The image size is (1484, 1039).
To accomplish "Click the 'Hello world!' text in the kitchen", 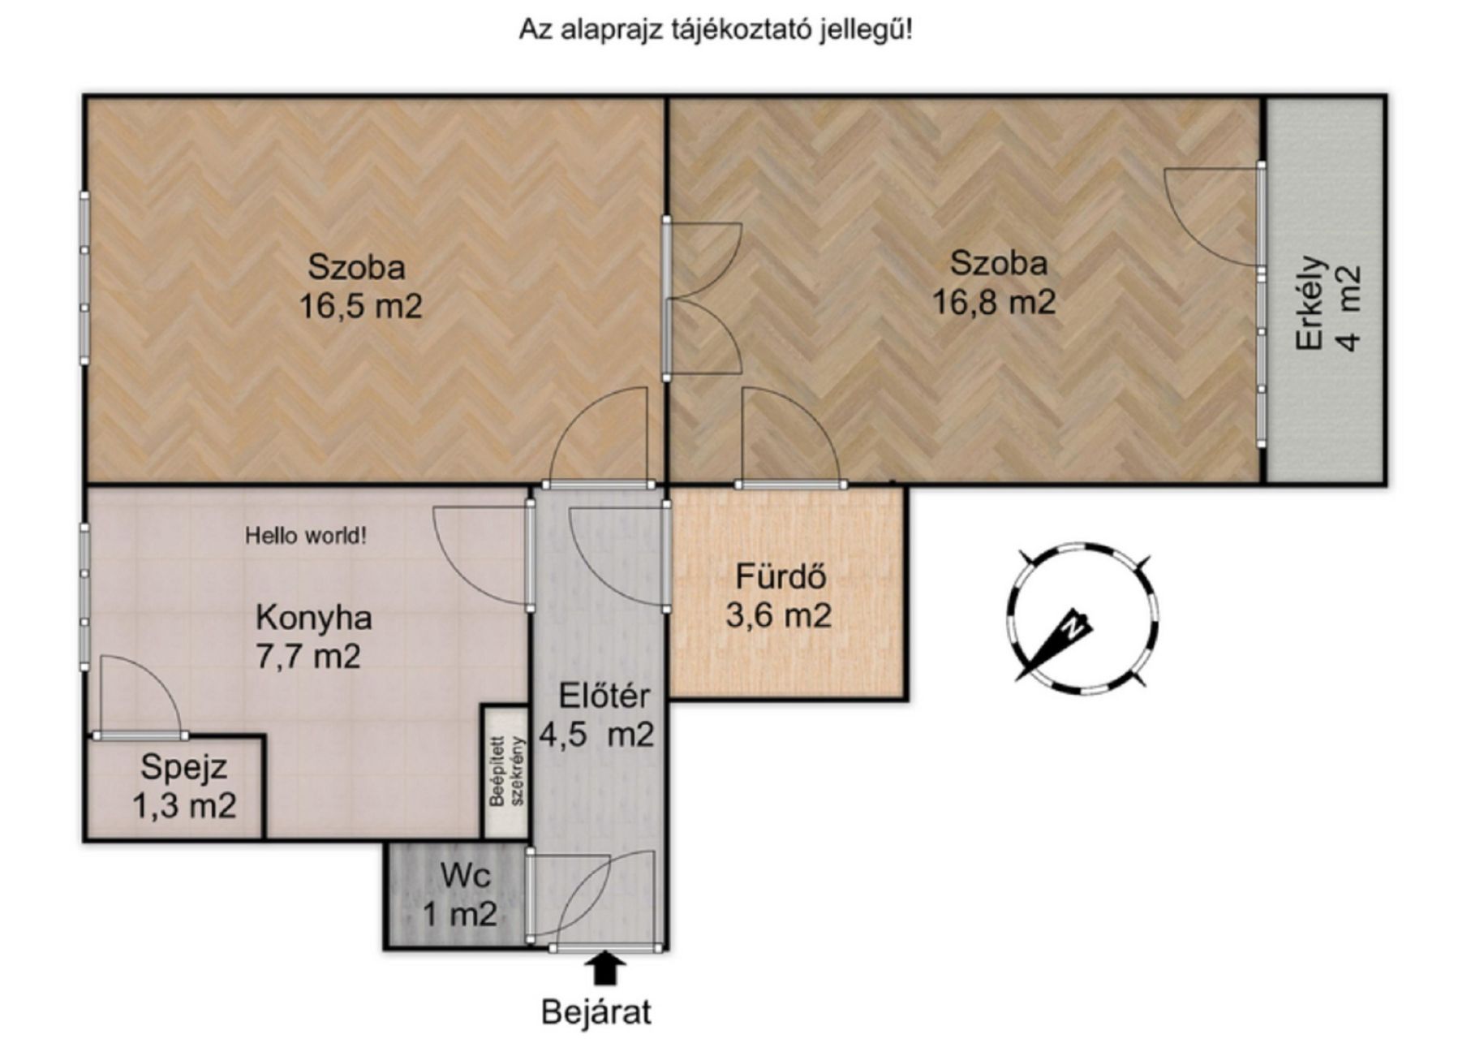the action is (x=306, y=536).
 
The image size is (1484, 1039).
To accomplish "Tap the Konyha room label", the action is (x=314, y=618).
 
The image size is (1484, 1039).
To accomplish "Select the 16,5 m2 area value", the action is (x=361, y=307).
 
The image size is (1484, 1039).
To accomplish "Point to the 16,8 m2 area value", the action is (x=994, y=303).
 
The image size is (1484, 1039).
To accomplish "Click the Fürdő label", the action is (x=781, y=576).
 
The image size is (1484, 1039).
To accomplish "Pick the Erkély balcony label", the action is (x=1310, y=304).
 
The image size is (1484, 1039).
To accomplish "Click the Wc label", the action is (x=465, y=876).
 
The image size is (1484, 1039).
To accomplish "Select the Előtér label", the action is (x=604, y=696).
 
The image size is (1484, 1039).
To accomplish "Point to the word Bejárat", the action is (x=596, y=1012).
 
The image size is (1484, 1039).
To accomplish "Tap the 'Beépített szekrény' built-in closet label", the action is (x=509, y=770).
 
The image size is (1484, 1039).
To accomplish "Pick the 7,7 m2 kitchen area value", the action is (x=308, y=656).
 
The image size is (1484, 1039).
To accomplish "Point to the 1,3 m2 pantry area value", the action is (x=184, y=806).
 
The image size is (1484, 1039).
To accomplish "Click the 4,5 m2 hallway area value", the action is (x=597, y=735).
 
